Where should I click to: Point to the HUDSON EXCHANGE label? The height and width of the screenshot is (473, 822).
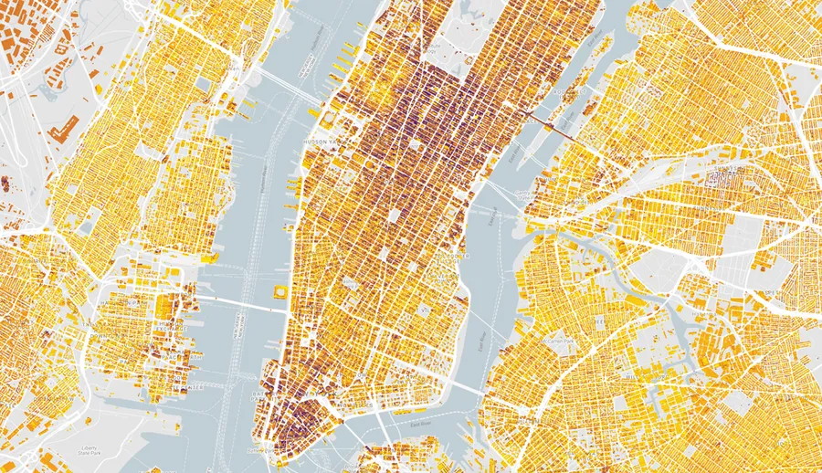point(171,326)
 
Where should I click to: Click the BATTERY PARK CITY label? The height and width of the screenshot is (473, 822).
point(258,394)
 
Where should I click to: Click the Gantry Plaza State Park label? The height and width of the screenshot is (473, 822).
point(523,194)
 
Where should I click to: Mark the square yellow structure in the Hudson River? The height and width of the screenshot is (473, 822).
point(278,292)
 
